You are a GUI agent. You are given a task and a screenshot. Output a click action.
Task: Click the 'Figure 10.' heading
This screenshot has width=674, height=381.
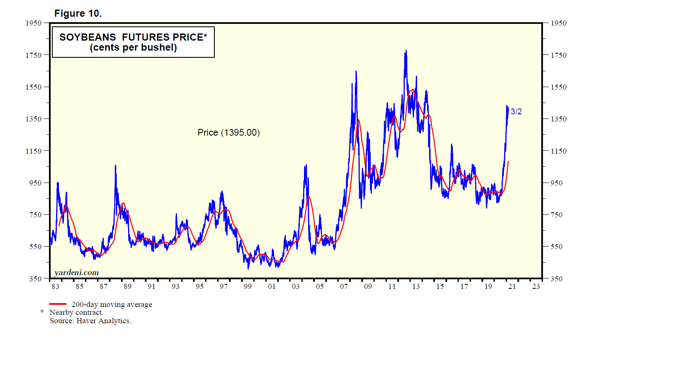(78, 13)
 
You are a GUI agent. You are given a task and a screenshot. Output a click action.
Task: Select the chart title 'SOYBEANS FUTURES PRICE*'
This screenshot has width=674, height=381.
(133, 37)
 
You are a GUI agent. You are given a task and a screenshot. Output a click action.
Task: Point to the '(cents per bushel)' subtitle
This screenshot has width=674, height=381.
(133, 48)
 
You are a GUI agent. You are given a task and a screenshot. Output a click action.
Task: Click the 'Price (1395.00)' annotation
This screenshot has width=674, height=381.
(229, 133)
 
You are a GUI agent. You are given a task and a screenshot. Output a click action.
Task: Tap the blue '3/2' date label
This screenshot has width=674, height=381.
(516, 112)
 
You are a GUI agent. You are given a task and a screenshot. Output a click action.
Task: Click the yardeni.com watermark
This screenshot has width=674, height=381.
(77, 273)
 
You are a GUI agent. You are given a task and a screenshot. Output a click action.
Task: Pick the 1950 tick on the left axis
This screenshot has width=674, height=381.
(34, 23)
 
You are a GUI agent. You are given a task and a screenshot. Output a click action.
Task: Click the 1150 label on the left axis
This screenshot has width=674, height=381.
(34, 151)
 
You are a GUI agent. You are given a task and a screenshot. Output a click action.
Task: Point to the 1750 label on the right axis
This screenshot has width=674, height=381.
(558, 55)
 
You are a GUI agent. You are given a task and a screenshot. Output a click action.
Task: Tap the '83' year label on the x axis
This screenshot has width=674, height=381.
(55, 286)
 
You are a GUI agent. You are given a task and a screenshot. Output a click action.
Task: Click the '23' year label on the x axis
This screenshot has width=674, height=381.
(536, 286)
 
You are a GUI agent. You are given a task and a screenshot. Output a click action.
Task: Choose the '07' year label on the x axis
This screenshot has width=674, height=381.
(344, 286)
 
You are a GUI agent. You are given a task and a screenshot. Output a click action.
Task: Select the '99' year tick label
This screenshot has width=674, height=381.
(248, 286)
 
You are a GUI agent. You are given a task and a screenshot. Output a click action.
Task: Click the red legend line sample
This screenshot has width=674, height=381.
(58, 304)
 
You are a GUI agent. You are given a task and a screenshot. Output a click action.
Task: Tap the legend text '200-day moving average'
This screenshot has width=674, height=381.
(112, 304)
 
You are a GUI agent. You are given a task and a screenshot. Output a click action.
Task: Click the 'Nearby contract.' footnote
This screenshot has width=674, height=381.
(76, 312)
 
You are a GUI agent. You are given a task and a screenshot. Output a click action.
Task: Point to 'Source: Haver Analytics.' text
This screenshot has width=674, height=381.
(90, 321)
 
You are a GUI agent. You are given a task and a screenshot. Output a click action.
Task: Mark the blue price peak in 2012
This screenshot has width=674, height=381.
(406, 51)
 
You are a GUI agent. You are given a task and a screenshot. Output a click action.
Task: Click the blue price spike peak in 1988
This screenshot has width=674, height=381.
(116, 166)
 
